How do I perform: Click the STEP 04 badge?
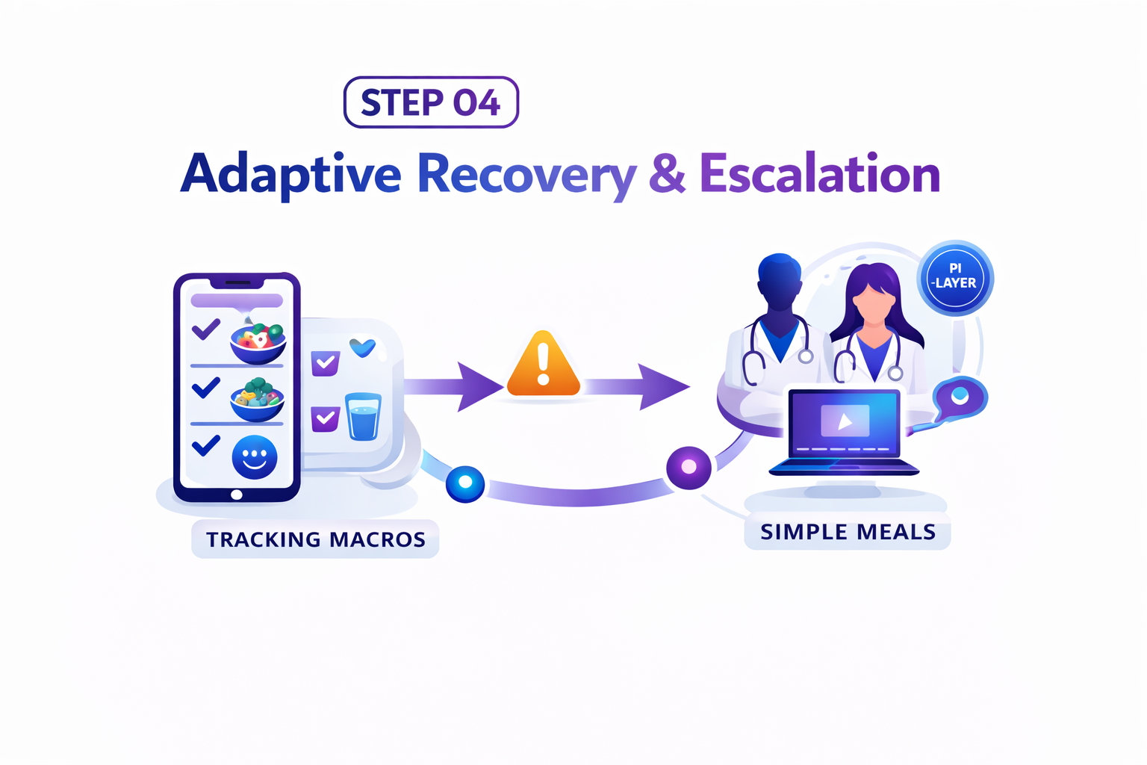(x=431, y=102)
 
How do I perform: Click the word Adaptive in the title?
(x=291, y=174)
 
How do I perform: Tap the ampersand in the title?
(x=667, y=174)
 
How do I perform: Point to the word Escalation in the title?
(x=819, y=174)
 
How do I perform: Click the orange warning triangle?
(x=543, y=365)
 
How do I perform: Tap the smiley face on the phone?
(x=255, y=456)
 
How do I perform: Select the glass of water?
(x=364, y=416)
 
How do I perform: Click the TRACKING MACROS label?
(x=315, y=539)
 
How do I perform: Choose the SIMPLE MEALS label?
(x=848, y=532)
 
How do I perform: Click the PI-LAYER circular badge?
(x=955, y=277)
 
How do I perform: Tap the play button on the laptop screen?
(x=845, y=421)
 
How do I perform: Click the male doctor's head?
(x=780, y=280)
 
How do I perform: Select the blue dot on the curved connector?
(x=465, y=483)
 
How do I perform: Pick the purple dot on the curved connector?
(x=688, y=467)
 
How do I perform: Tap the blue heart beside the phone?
(x=363, y=347)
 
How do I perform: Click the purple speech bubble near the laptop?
(x=960, y=397)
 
